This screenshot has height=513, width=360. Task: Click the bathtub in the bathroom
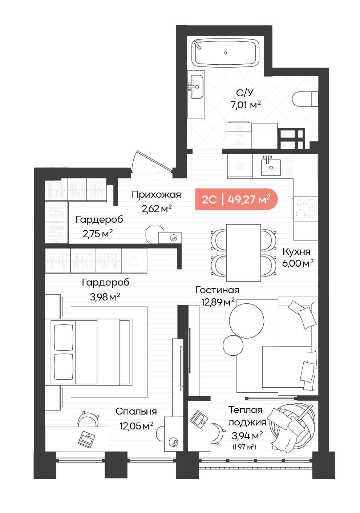pos(225,53)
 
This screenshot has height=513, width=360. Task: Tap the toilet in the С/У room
pos(304,99)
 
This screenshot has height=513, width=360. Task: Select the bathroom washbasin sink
pos(197,87)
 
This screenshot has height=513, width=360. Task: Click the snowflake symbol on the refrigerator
pos(240,166)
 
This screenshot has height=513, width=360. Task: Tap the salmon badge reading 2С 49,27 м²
pos(236,199)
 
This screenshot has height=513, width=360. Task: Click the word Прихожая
pos(156,195)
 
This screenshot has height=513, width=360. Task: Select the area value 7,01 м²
pos(246,105)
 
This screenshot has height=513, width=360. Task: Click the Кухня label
pos(296,251)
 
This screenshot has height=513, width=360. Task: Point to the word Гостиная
pos(217,290)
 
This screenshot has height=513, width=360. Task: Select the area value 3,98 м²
pos(105,297)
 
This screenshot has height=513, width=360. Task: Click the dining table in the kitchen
pos(243,253)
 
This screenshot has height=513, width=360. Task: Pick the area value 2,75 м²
pos(98,234)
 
